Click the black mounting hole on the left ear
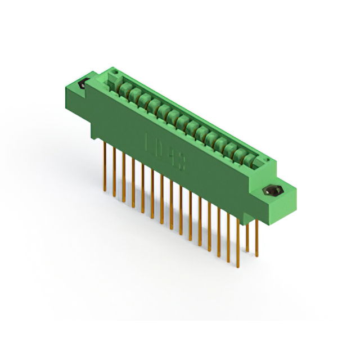point(80,85)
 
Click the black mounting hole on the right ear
point(274,191)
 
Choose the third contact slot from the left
point(138,94)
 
